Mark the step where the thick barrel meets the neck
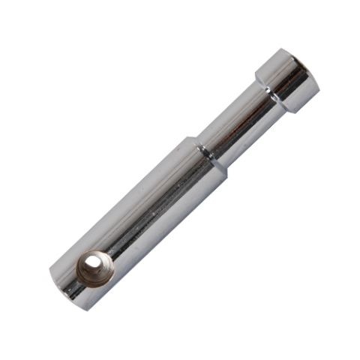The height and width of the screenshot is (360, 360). (x=207, y=154)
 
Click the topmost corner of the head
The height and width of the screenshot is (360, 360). (x=283, y=49)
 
